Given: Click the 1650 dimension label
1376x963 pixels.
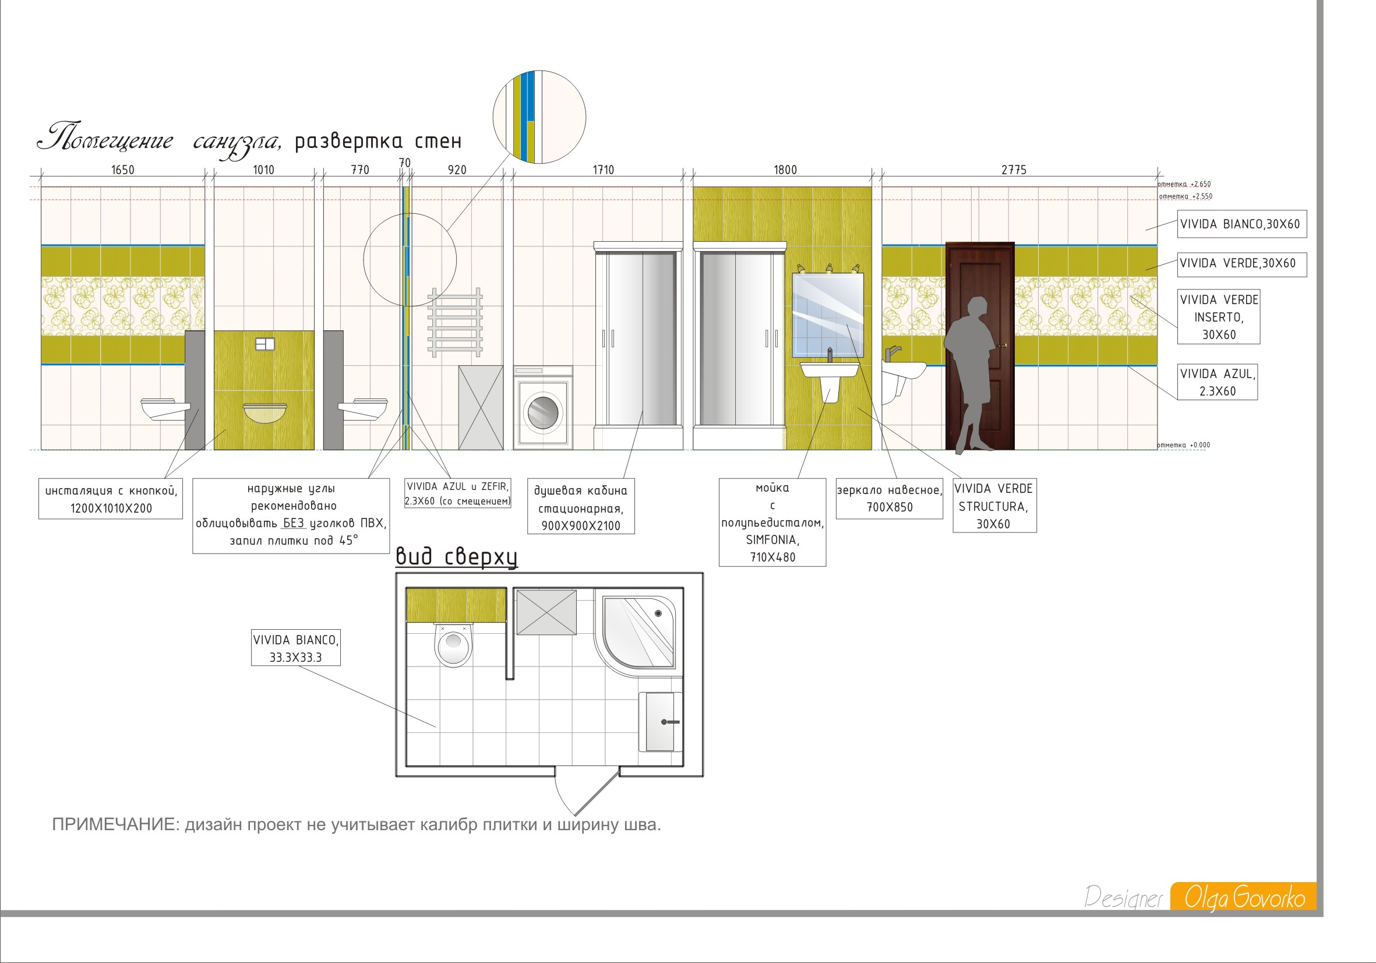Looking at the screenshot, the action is point(123,170).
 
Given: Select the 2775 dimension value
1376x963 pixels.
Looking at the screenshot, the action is point(1014,170).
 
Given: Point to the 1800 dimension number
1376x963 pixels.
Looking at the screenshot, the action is point(785,170).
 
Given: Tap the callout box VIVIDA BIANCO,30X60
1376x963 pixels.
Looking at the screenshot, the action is point(1242,224).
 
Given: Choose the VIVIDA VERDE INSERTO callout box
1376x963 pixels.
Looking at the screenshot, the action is point(1218,317).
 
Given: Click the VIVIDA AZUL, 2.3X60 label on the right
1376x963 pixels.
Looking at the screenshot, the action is point(1217,382).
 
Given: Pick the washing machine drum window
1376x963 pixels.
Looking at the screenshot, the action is point(543,412).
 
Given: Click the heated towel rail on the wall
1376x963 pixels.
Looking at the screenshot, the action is point(455,322).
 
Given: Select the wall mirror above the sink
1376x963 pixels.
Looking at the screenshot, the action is point(828,315).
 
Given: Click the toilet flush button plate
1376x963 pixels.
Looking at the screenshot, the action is point(264,344).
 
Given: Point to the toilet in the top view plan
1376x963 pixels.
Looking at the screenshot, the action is point(454,644).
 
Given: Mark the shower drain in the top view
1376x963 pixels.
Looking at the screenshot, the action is point(658,613).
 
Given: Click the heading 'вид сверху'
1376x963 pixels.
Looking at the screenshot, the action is point(456,557).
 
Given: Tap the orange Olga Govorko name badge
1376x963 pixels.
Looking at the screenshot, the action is point(1244,897).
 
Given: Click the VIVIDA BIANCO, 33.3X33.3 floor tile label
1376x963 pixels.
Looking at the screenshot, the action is point(295,648).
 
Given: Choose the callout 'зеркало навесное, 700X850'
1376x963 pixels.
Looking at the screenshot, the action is point(890,499).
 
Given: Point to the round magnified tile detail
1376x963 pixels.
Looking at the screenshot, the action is point(539,117).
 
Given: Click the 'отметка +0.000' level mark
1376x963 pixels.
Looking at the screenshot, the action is point(1184,445).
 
